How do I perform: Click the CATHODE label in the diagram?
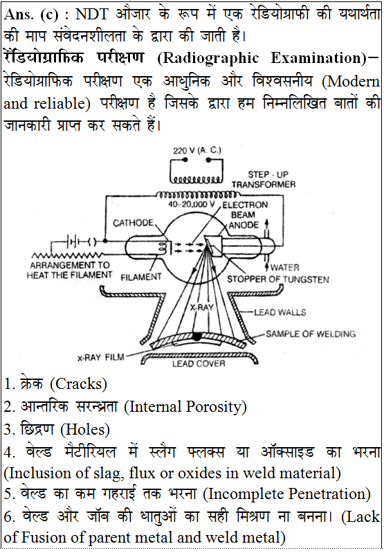pyautogui.click(x=134, y=223)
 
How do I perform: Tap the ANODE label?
pyautogui.click(x=244, y=225)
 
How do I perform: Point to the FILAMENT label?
pyautogui.click(x=140, y=278)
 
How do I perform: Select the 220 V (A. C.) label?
pyautogui.click(x=196, y=151)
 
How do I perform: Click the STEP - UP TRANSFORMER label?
pyautogui.click(x=264, y=179)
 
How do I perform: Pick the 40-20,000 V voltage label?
pyautogui.click(x=192, y=204)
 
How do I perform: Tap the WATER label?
pyautogui.click(x=284, y=267)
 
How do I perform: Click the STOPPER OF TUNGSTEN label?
pyautogui.click(x=278, y=280)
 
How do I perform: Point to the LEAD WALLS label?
pyautogui.click(x=280, y=312)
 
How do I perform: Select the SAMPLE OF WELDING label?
pyautogui.click(x=310, y=334)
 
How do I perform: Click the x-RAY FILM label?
pyautogui.click(x=101, y=358)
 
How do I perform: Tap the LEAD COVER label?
pyautogui.click(x=199, y=363)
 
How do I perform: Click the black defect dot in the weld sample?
pyautogui.click(x=196, y=336)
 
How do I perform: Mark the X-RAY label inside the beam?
pyautogui.click(x=202, y=307)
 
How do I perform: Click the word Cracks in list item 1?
pyautogui.click(x=79, y=384)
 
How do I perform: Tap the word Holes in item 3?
pyautogui.click(x=85, y=430)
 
